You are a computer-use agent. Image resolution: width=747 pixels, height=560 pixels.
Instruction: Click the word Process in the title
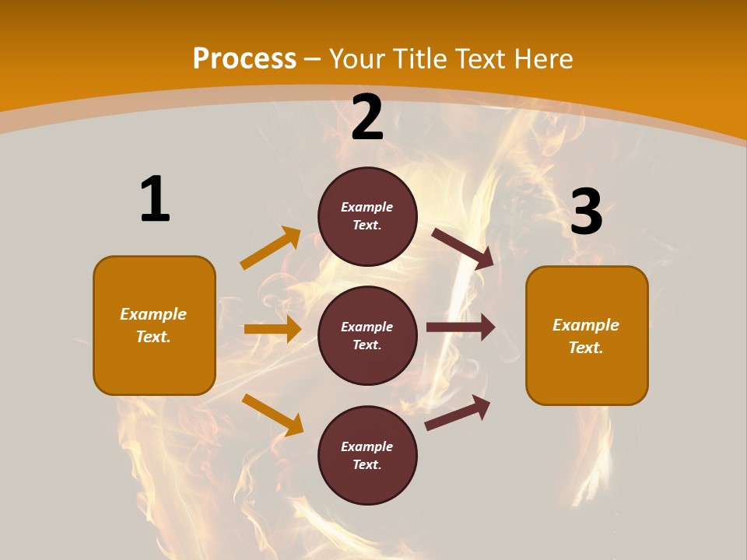244,58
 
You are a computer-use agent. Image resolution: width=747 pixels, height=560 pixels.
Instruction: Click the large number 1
154,199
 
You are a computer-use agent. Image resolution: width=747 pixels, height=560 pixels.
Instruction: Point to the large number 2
367,117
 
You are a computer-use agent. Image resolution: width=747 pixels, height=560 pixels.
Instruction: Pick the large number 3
586,212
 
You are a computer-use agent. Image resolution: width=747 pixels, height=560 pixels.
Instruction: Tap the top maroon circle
367,216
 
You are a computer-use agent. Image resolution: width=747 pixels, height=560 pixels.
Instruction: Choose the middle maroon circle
367,335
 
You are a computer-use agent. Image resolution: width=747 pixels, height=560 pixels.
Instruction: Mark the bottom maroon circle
367,455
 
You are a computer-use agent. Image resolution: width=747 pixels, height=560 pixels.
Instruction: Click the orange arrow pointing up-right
271,248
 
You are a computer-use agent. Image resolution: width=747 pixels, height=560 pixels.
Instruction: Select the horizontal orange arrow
272,329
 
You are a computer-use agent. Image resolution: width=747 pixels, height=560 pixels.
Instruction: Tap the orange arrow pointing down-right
272,415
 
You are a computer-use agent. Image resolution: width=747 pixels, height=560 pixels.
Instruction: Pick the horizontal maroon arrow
461,327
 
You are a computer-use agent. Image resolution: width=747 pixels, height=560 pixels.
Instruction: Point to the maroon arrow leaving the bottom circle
458,413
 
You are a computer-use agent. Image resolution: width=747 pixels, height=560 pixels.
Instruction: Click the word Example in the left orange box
153,314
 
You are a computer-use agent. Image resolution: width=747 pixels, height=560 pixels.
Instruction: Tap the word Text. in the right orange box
586,348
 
